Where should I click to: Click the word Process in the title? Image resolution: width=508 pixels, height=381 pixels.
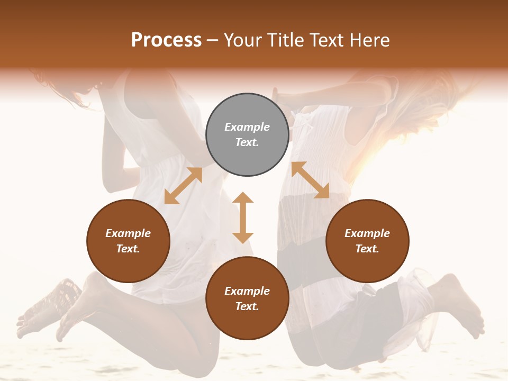(166, 40)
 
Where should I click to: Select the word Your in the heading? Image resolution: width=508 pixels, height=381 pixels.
(241, 40)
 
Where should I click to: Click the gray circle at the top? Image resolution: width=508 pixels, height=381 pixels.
(247, 134)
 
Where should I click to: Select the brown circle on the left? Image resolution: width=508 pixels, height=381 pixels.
(128, 241)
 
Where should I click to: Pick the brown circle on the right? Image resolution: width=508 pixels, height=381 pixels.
(367, 241)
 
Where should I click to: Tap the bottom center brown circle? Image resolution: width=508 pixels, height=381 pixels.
(247, 298)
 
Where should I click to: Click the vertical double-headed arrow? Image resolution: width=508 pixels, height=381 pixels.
(243, 217)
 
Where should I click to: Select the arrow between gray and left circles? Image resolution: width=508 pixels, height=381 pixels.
(184, 186)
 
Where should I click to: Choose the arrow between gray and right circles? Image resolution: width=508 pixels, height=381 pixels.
(310, 180)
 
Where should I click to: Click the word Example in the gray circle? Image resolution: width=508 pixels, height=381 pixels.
(247, 127)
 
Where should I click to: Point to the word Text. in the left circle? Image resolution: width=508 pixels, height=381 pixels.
(128, 249)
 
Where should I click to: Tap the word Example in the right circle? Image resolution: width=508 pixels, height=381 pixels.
(367, 233)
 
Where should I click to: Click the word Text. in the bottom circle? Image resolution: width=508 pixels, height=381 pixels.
(247, 306)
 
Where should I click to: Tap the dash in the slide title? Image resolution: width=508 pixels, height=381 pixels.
(213, 41)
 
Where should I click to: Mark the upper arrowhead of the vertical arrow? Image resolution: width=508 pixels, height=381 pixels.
(243, 198)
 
